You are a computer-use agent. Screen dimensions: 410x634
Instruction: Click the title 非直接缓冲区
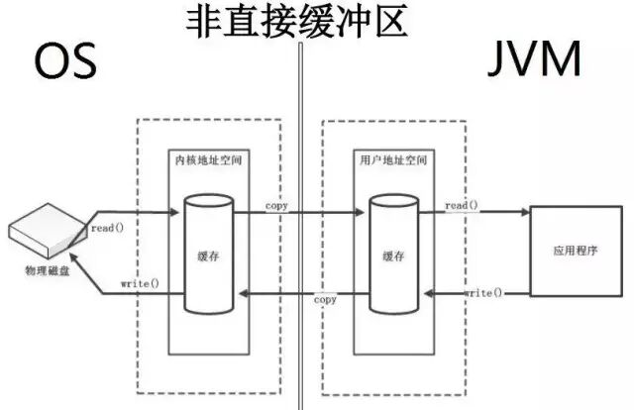point(297,21)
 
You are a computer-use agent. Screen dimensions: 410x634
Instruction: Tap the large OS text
point(65,61)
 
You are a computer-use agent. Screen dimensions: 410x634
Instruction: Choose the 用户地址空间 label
point(388,158)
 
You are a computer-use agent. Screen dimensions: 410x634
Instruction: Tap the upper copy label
point(278,205)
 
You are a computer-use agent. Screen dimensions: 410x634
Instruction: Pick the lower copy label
point(325,299)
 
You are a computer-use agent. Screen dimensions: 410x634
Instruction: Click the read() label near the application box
point(462,205)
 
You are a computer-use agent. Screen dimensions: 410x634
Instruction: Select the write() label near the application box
point(482,293)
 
